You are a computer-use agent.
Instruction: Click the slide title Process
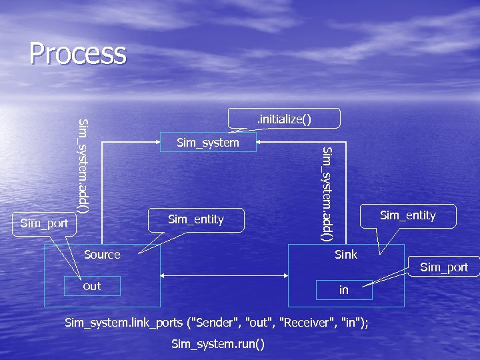pos(77,53)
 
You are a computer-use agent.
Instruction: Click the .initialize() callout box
pos(284,119)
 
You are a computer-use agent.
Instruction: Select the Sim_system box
pos(207,143)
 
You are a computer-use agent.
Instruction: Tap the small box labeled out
pos(92,286)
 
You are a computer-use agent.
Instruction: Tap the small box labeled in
pos(344,291)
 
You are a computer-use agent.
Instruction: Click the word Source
pos(102,254)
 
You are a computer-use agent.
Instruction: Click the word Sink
pos(346,254)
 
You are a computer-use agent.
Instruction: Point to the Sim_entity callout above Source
pos(196,219)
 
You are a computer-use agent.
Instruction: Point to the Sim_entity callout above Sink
pos(407,215)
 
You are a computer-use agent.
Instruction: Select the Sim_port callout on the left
pos(44,223)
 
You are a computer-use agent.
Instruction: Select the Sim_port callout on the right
pos(444,267)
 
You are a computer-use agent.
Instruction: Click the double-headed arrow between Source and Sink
pos(224,275)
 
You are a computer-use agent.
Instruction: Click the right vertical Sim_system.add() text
pos(327,193)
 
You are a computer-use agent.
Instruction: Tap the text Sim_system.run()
pos(218,344)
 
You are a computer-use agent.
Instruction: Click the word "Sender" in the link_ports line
pos(216,323)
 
